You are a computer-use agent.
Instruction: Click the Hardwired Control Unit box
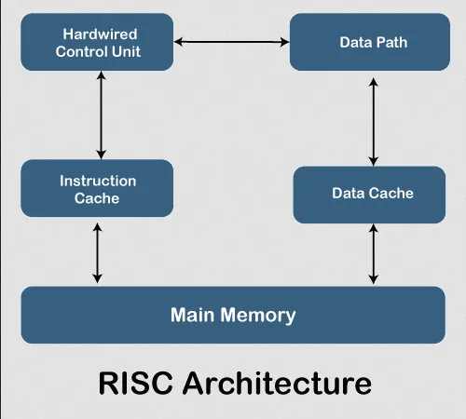98,42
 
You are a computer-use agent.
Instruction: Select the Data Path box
363,42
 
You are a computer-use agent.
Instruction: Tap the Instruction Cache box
97,189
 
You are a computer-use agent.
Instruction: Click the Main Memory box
233,315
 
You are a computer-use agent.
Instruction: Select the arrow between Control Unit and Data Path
231,42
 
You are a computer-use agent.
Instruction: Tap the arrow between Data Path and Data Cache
374,120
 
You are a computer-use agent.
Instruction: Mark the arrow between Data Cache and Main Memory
374,253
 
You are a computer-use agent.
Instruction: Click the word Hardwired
98,34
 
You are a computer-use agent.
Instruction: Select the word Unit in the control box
126,51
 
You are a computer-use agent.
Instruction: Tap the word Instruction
98,181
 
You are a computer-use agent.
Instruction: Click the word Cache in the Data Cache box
391,194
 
